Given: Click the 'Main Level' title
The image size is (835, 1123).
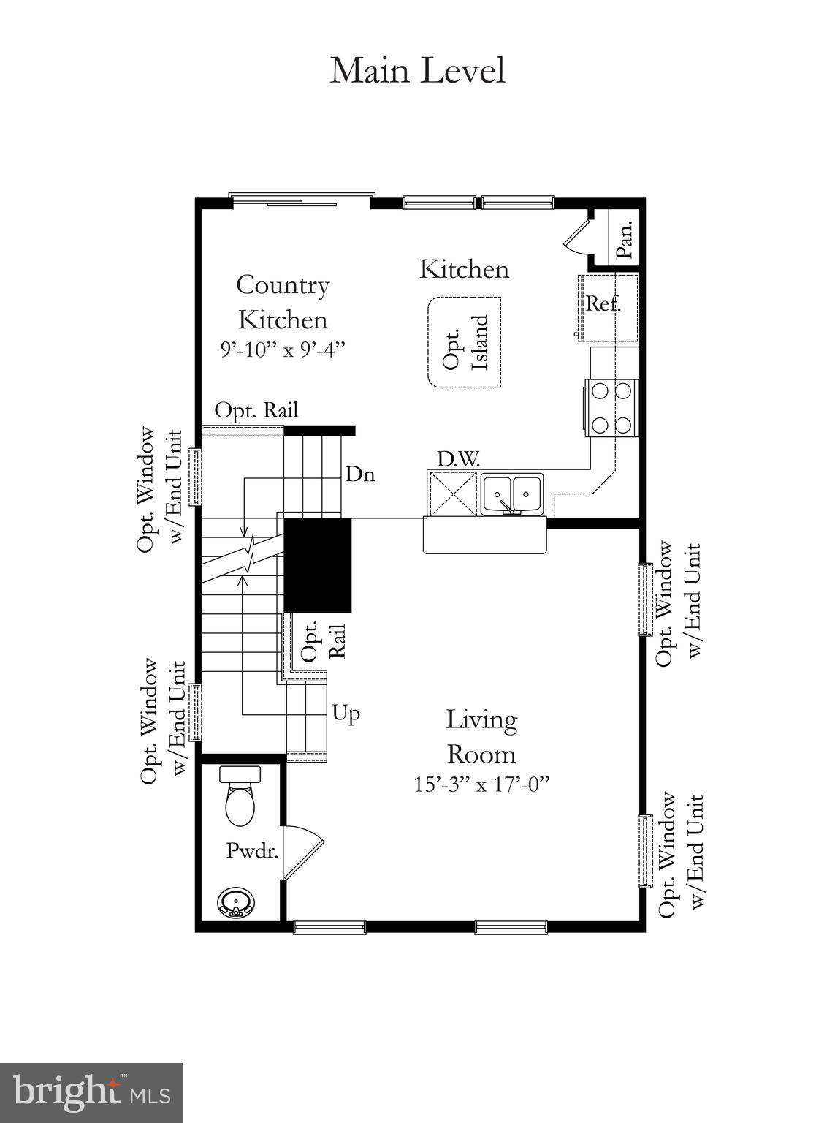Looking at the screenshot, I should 417,71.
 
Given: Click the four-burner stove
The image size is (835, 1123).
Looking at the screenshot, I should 611,408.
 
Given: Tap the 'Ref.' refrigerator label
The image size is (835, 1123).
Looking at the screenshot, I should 603,303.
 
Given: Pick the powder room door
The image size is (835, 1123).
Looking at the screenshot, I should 302,852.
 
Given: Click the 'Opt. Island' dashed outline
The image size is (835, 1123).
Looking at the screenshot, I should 465,342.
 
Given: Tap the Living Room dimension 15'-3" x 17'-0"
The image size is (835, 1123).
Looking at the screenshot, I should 481,784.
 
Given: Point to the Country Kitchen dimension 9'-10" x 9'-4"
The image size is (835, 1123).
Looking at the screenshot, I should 283,349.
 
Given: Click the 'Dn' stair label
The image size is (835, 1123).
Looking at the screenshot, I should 360,474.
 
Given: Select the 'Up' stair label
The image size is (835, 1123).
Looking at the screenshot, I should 346,712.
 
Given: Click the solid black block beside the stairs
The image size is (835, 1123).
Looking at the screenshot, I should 318,564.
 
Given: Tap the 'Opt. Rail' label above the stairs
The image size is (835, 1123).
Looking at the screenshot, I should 256,410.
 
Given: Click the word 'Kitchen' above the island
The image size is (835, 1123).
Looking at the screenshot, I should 464,269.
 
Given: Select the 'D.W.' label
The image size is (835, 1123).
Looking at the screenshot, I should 458,459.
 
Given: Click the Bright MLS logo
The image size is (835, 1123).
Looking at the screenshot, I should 91,1092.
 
